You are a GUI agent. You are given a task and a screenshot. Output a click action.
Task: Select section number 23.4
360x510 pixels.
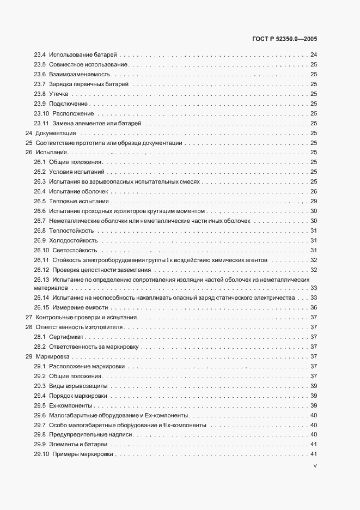click(39, 54)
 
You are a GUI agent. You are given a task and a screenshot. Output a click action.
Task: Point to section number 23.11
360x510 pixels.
click(41, 123)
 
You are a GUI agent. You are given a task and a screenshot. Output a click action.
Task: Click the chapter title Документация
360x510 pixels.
click(56, 133)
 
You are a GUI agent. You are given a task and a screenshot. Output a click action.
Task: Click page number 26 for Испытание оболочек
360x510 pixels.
click(314, 192)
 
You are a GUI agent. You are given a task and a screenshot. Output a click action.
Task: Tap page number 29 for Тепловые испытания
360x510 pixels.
click(314, 202)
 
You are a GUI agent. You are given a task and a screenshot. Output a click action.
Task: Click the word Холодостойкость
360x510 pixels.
click(74, 240)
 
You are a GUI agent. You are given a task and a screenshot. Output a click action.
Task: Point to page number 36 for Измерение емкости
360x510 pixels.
click(314, 307)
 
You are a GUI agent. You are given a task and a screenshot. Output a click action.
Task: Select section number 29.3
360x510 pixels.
click(39, 386)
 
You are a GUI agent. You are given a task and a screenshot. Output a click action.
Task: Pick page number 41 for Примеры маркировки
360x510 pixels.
click(314, 454)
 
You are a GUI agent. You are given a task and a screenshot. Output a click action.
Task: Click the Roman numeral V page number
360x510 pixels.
click(315, 466)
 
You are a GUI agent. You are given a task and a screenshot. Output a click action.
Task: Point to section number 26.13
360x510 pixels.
click(41, 280)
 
